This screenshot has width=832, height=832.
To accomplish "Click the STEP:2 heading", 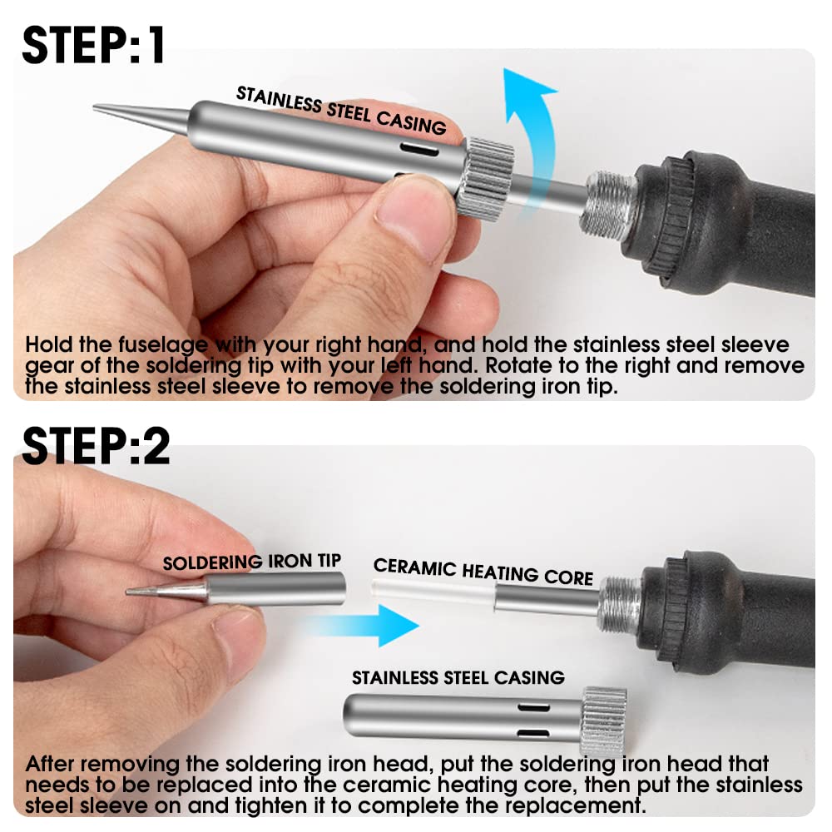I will pyautogui.click(x=96, y=447).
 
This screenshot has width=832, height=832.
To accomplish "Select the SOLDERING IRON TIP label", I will pyautogui.click(x=252, y=562).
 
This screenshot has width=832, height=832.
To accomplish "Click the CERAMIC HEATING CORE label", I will pyautogui.click(x=483, y=572).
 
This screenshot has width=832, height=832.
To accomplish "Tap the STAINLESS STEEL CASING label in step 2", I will pyautogui.click(x=458, y=678).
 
